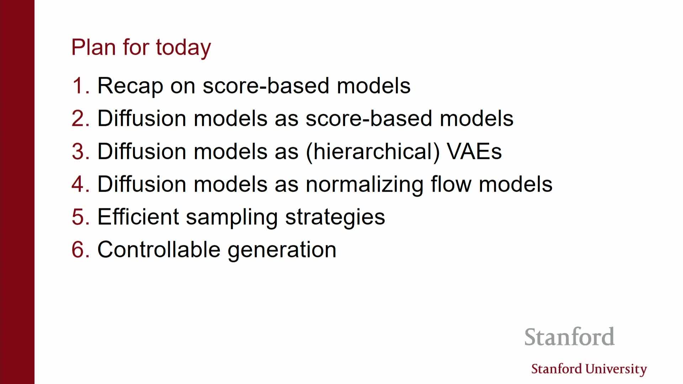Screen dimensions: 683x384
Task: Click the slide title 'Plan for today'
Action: click(x=141, y=48)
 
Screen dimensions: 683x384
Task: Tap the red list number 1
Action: click(x=80, y=86)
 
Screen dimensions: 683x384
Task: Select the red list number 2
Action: click(x=80, y=118)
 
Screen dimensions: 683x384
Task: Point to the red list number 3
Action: click(x=80, y=151)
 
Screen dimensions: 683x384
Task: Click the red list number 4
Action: click(x=80, y=184)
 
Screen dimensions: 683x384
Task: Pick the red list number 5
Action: click(x=80, y=217)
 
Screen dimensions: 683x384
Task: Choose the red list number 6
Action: click(x=80, y=250)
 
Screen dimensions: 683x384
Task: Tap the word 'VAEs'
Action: click(x=474, y=151)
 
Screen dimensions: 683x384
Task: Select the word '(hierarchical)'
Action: click(x=372, y=153)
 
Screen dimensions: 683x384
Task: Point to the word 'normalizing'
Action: click(x=364, y=185)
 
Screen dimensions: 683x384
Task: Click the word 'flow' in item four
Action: click(x=451, y=184)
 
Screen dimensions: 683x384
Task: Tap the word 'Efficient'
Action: click(x=138, y=217)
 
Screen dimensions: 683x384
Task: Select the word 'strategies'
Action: click(x=335, y=218)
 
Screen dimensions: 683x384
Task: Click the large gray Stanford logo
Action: click(x=570, y=337)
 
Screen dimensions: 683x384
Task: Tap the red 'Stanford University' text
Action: click(x=589, y=369)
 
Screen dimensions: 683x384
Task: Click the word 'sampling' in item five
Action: click(x=232, y=218)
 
